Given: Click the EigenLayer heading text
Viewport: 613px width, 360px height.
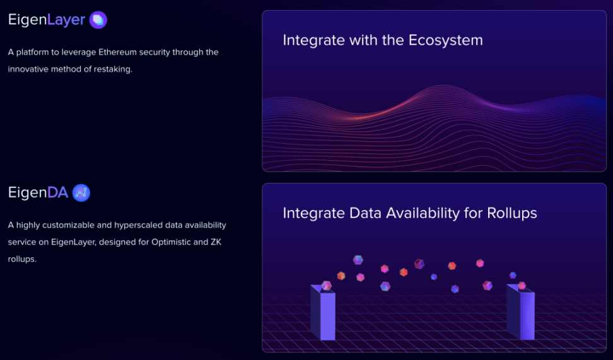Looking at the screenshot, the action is (x=47, y=20).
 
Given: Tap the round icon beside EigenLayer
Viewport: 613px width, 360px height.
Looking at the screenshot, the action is (x=98, y=20).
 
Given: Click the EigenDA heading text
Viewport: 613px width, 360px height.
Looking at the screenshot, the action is (x=38, y=192).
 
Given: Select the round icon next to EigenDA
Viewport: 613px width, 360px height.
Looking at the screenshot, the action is (x=81, y=193).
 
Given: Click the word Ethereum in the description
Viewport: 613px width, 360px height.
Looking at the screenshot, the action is (x=117, y=52).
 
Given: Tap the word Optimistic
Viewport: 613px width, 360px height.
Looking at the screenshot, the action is (x=171, y=242).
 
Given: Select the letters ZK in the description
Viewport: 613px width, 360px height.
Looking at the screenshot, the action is (x=216, y=242).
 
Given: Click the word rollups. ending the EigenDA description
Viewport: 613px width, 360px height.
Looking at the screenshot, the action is (x=22, y=258).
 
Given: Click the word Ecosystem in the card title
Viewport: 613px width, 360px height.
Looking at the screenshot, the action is (x=446, y=40).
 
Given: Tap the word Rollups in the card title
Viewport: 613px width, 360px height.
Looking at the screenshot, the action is (x=512, y=213).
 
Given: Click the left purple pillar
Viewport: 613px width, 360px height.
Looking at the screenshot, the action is (x=323, y=312).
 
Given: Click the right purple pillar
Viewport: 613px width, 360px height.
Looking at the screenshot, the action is (x=521, y=312).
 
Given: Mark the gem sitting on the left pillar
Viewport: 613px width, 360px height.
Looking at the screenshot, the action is (x=327, y=286).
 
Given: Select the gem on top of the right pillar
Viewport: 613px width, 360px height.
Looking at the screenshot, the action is (x=522, y=286).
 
